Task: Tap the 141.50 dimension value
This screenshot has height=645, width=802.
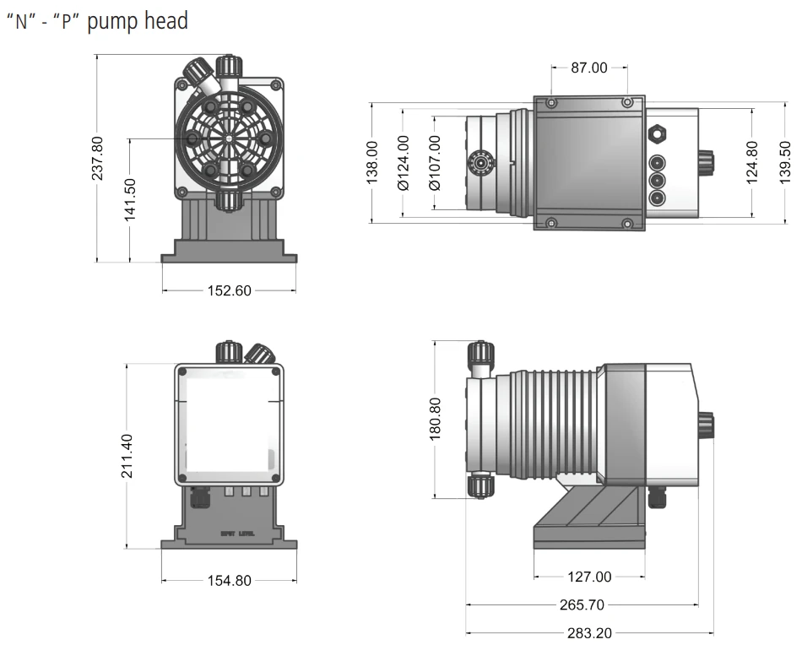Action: click(x=131, y=200)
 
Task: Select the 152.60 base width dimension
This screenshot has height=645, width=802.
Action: click(x=230, y=290)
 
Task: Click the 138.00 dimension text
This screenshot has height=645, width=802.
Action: click(x=371, y=163)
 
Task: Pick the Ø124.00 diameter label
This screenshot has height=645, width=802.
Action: click(x=403, y=163)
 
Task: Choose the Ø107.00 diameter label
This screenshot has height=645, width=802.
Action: click(x=435, y=163)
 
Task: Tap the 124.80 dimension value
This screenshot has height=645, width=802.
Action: click(x=752, y=163)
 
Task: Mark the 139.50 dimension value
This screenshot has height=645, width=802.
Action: click(x=785, y=163)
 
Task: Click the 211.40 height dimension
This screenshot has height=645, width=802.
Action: click(x=127, y=456)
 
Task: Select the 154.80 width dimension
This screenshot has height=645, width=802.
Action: click(x=230, y=580)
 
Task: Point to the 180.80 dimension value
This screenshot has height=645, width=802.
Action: click(x=435, y=418)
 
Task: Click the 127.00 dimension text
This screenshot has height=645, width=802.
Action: click(x=589, y=577)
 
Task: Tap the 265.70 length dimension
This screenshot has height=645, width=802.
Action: click(x=583, y=604)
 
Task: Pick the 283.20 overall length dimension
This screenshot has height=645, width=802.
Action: click(x=589, y=632)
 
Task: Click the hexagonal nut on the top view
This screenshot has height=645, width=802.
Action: click(x=657, y=133)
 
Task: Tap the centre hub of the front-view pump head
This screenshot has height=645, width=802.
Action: click(x=229, y=138)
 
